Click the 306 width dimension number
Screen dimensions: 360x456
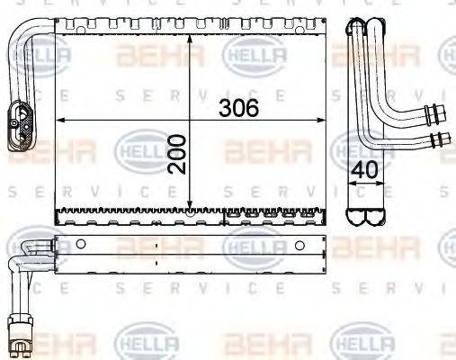(x=239, y=108)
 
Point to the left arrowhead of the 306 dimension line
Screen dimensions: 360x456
(x=60, y=120)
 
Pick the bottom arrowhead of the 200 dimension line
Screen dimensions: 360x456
(x=190, y=205)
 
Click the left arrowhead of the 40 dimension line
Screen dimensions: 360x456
(x=350, y=183)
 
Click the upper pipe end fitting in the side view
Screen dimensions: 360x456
(x=440, y=112)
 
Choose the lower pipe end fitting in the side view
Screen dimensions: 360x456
(x=440, y=139)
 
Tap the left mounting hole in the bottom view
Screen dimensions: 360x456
(x=79, y=244)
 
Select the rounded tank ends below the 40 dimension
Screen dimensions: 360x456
(x=366, y=216)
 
